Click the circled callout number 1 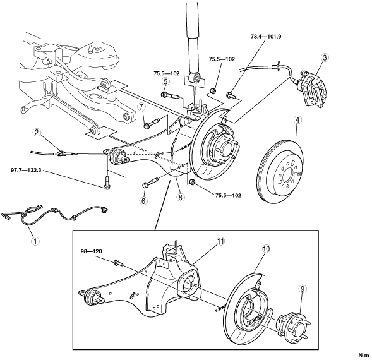35,241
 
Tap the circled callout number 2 37,133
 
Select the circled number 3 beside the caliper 325,57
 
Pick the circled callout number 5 165,81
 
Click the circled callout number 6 143,201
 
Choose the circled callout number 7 141,107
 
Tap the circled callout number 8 181,197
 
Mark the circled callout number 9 303,289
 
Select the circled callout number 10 266,249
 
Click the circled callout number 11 220,241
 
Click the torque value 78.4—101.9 266,37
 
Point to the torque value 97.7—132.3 26,170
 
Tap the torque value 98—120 92,251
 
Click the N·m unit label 364,356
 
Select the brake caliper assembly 313,89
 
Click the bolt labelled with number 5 171,95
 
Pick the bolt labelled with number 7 152,123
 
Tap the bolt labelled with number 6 150,182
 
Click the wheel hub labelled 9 294,328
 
